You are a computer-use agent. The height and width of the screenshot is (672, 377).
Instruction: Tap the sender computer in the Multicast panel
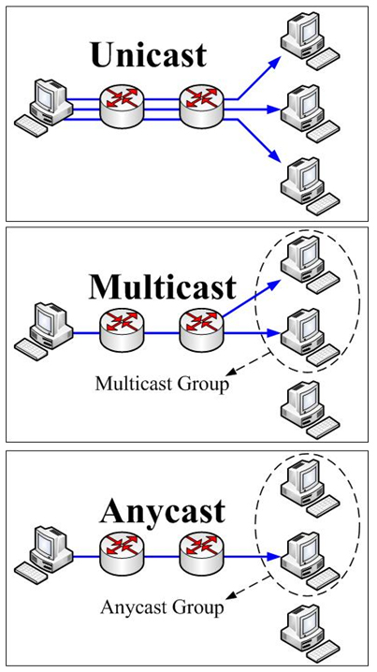coord(45,329)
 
